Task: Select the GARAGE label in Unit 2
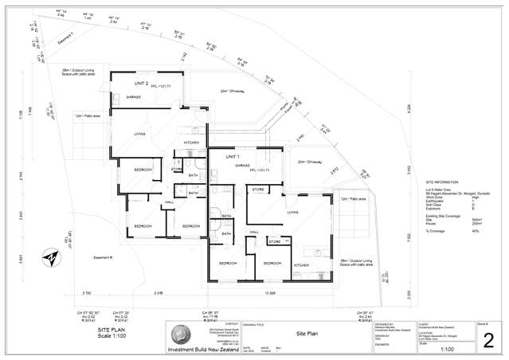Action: (x=133, y=97)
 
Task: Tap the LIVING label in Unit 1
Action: (x=292, y=213)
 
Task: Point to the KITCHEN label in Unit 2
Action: (x=191, y=142)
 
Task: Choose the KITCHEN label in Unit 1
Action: (x=302, y=264)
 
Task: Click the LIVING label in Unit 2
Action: (x=140, y=134)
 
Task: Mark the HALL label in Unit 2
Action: (x=169, y=203)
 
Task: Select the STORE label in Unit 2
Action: (x=176, y=169)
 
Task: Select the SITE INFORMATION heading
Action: (x=441, y=182)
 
